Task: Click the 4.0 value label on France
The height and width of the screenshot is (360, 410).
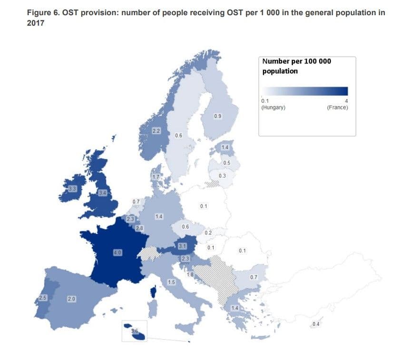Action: (x=117, y=253)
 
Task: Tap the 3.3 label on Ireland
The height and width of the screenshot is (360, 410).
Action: (x=72, y=189)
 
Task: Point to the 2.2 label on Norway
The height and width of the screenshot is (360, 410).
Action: (x=156, y=131)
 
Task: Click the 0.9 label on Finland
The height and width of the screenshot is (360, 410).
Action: (x=217, y=117)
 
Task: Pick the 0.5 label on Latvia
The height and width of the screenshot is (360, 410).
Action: (x=227, y=163)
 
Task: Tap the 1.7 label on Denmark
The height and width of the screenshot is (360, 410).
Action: (x=155, y=177)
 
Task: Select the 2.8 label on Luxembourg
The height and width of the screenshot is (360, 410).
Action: (x=139, y=229)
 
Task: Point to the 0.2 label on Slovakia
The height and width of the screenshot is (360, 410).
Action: (x=208, y=233)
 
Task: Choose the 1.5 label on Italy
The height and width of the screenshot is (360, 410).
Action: (x=172, y=282)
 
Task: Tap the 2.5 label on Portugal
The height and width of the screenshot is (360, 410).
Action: (x=43, y=298)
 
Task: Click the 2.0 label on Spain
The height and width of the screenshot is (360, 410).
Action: (x=71, y=299)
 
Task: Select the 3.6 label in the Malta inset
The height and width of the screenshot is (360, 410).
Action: (x=134, y=331)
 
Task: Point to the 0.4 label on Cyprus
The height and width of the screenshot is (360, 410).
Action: (x=316, y=324)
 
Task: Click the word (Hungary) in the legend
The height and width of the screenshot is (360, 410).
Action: (x=273, y=107)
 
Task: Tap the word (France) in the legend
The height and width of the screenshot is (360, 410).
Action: (x=337, y=107)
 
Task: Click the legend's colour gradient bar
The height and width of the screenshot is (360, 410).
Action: (x=305, y=91)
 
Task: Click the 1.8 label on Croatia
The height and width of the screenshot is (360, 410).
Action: (x=190, y=275)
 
